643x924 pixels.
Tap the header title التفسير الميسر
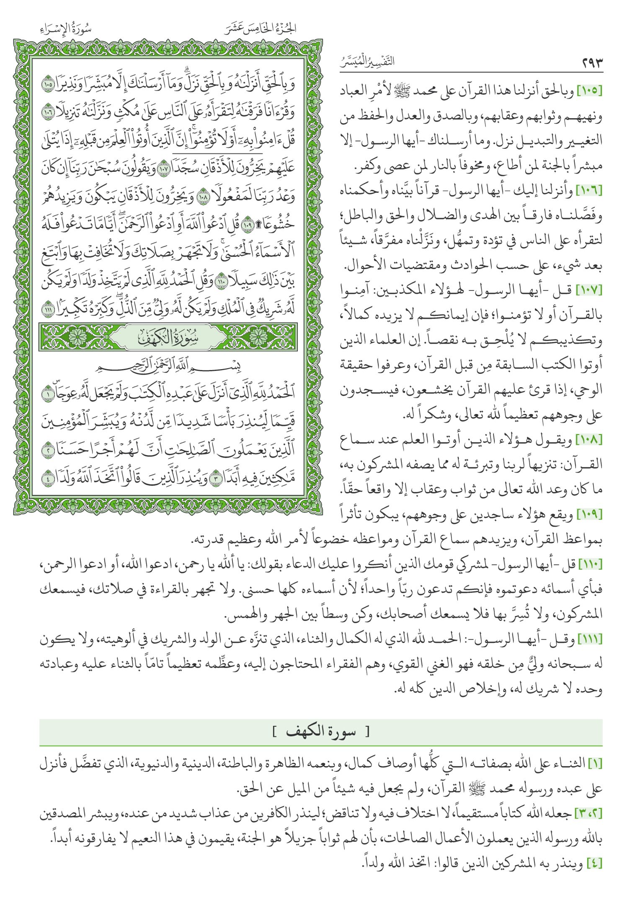367,62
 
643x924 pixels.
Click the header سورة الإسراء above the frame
66,29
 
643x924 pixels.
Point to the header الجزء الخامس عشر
260,28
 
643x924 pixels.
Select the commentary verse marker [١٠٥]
589,91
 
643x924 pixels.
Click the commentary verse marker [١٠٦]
589,191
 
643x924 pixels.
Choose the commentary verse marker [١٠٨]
589,440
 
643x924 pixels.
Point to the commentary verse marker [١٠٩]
589,514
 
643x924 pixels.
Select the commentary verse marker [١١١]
590,639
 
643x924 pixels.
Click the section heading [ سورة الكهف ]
321,732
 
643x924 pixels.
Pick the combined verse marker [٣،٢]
588,814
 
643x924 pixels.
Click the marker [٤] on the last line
594,863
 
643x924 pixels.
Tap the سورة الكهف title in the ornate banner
168,337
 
